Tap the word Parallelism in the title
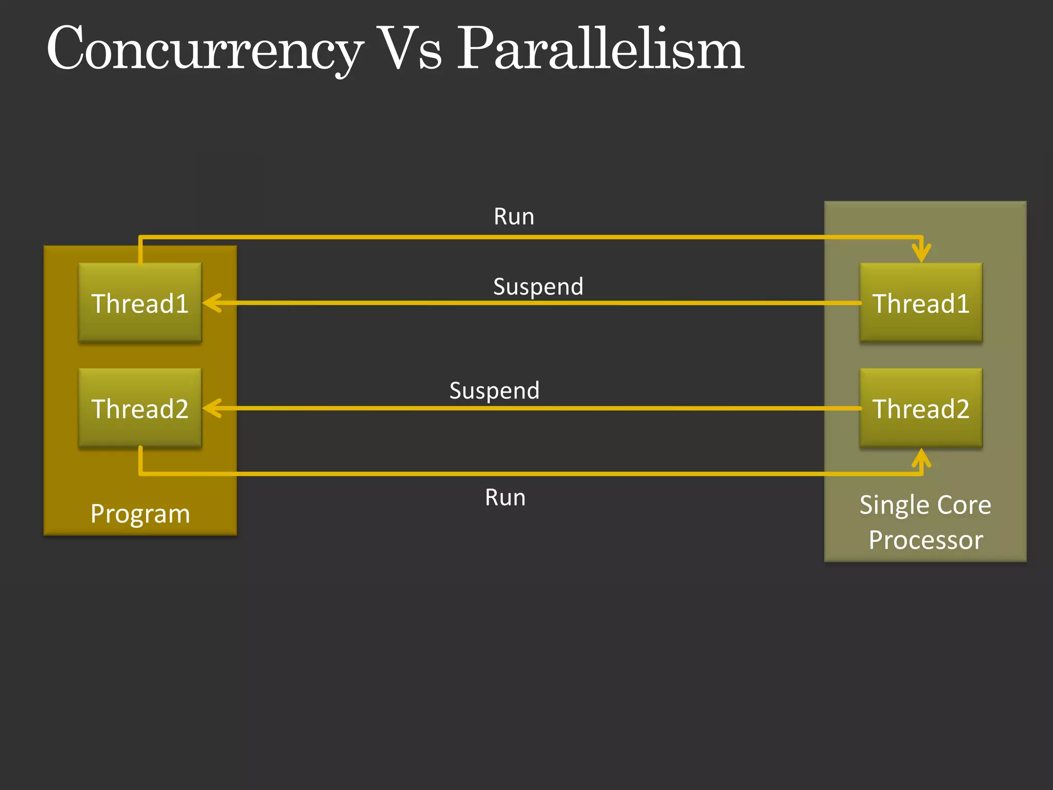[x=600, y=49]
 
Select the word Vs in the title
[x=409, y=49]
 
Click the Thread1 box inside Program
[x=140, y=303]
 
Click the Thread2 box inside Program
[x=140, y=408]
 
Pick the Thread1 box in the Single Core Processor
[x=920, y=303]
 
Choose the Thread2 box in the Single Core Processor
[x=920, y=408]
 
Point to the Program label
[x=140, y=513]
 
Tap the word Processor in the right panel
[x=925, y=540]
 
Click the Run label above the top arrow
[x=514, y=217]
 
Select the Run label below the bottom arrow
[x=505, y=497]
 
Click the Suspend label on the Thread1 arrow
[x=538, y=286]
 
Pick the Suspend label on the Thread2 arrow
[x=494, y=390]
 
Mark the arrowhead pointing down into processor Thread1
[x=921, y=254]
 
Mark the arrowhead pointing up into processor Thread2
[x=921, y=457]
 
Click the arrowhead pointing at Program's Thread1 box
[x=212, y=303]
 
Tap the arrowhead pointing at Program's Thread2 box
[x=212, y=408]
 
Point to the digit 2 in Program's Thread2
[x=180, y=409]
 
